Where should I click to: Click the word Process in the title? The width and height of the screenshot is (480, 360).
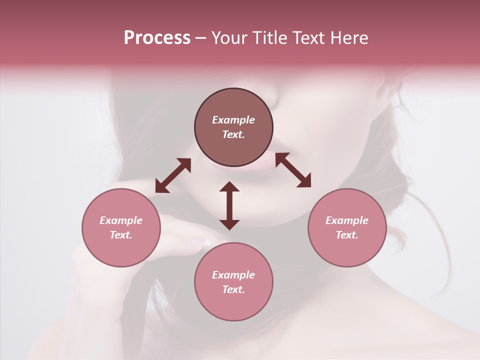157,38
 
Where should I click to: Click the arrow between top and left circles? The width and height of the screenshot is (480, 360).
173,175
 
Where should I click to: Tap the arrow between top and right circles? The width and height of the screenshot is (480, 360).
293,170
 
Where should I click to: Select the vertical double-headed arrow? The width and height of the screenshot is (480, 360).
229,205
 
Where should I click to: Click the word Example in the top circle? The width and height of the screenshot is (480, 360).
233,120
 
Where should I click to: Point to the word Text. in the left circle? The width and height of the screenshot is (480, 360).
121,235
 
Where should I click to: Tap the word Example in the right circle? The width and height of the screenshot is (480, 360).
347,220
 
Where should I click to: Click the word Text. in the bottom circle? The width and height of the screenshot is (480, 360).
233,289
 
